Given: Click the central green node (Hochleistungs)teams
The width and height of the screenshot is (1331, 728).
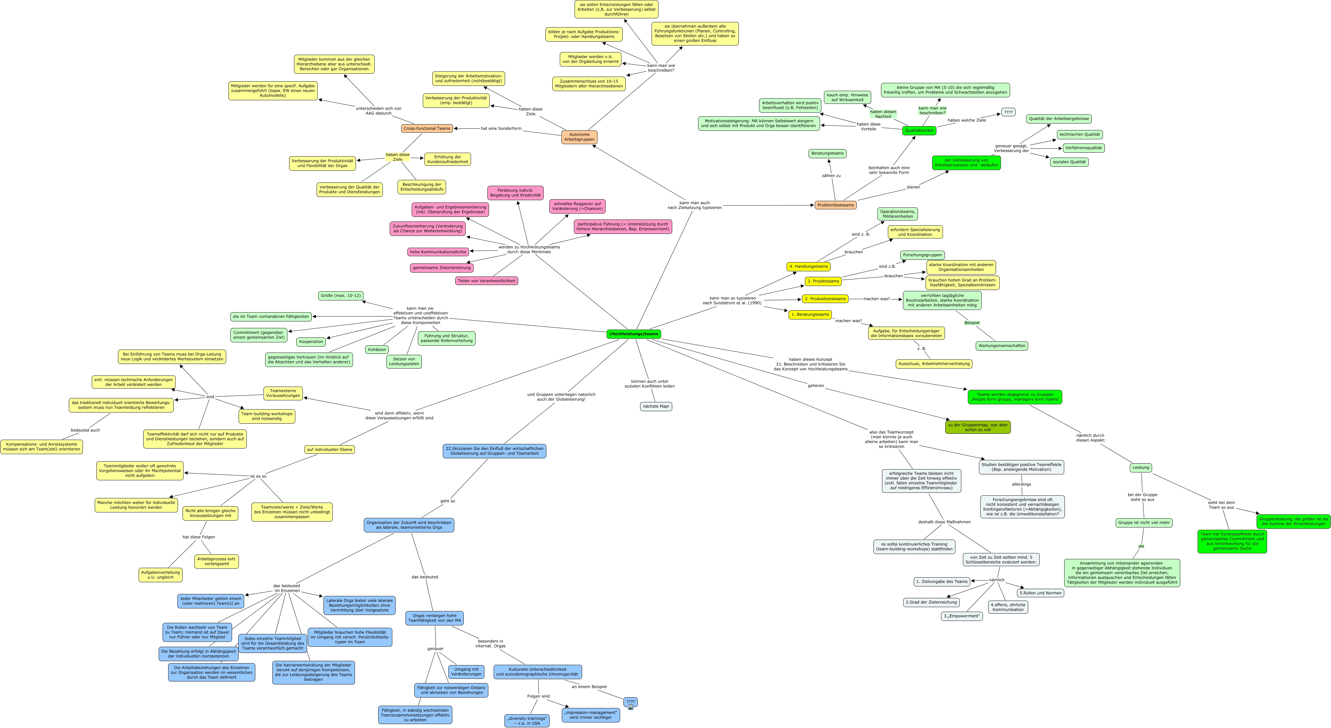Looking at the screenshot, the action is click(634, 334).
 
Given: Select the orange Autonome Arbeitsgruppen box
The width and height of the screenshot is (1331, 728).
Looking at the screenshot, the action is click(579, 137).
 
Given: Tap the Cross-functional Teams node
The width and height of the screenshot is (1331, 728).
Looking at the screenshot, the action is click(427, 128).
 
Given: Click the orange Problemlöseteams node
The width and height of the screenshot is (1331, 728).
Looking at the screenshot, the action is click(835, 205).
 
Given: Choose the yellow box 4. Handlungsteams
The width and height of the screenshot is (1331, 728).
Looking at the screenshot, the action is click(808, 267).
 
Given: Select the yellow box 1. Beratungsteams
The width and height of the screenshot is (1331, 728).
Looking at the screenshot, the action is click(810, 314).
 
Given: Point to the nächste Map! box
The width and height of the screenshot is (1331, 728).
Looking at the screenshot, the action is click(656, 406).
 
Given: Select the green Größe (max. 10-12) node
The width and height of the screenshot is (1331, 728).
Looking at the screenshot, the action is click(341, 296).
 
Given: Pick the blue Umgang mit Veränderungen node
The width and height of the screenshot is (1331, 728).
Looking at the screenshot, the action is click(466, 672).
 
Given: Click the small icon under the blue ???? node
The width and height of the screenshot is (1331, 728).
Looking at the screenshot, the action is click(630, 707).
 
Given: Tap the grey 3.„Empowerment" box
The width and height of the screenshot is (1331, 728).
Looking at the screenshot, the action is click(962, 616).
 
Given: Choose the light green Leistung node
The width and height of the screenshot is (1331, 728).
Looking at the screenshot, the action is click(1140, 468).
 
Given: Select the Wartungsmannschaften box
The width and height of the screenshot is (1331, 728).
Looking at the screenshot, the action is click(1001, 346).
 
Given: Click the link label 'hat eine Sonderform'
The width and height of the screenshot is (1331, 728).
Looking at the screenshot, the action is click(501, 128).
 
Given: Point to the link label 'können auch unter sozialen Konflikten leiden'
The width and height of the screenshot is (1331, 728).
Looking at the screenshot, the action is click(650, 383).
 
